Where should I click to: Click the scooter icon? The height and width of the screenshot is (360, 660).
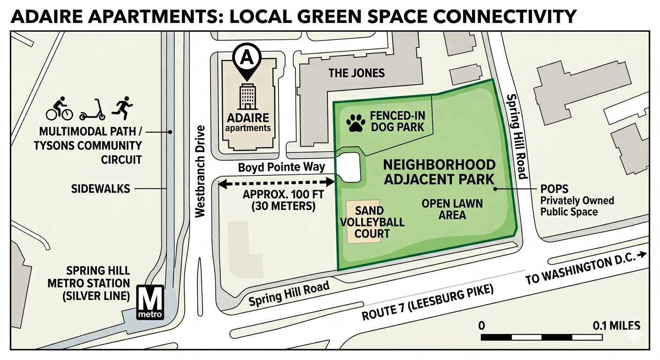pos(92,110)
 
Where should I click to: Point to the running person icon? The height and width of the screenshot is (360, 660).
pos(122,108)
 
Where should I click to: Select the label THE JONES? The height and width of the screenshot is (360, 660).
pos(356,73)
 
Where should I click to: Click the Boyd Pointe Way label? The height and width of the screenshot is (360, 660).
pos(281,167)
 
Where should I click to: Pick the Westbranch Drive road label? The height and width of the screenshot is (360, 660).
pos(200,171)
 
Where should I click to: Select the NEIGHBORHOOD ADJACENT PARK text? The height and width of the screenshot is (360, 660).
pos(439,172)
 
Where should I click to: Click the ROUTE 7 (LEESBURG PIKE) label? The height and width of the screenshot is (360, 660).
pos(427,303)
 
